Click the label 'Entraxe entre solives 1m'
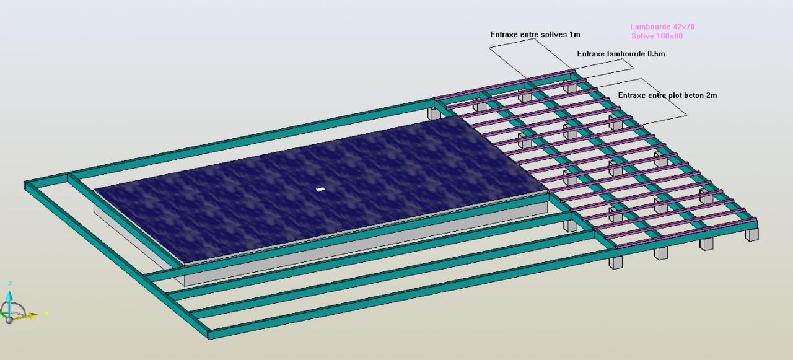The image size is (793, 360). [535, 35]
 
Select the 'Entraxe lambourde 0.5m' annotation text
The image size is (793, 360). [621, 54]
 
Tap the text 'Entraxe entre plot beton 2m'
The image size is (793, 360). [667, 95]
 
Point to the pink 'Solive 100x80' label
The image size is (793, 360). [657, 37]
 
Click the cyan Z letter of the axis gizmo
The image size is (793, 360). [10, 283]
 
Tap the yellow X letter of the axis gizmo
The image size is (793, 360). [46, 314]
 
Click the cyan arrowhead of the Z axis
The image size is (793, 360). [10, 294]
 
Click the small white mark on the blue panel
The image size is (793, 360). [320, 188]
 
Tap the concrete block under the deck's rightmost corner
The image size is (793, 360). [752, 234]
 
